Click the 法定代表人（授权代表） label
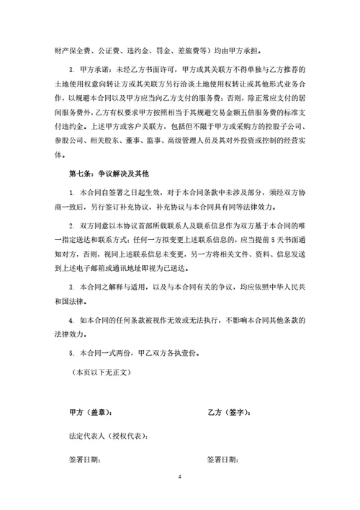click(109, 437)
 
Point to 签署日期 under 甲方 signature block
click(85, 459)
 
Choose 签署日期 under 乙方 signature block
click(223, 459)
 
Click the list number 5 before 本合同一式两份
click(71, 354)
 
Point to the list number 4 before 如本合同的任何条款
click(71, 319)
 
